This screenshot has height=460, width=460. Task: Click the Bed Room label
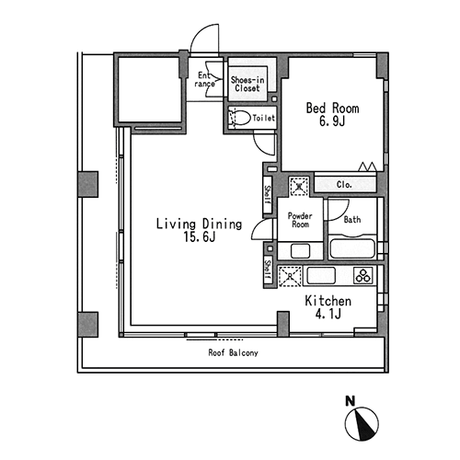click(x=332, y=109)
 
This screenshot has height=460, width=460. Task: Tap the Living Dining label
click(x=199, y=224)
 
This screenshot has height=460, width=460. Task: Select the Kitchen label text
click(x=328, y=301)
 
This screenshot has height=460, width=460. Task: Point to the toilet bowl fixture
click(x=239, y=118)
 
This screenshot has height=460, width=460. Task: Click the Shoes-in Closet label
click(x=247, y=84)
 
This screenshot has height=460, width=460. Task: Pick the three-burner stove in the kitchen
click(x=364, y=275)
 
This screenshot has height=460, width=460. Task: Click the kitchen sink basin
click(x=321, y=275)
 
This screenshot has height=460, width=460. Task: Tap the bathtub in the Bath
click(x=352, y=248)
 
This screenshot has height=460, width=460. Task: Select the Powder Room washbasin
click(x=300, y=251)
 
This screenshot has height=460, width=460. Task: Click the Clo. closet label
click(x=344, y=185)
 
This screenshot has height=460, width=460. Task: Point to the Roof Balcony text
click(x=233, y=352)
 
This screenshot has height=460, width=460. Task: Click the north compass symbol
click(x=362, y=424)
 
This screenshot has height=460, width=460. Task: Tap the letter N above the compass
click(x=351, y=401)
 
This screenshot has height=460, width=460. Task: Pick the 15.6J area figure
click(x=200, y=237)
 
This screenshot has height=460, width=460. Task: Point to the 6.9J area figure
click(x=332, y=121)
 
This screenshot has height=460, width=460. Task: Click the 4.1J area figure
click(x=328, y=314)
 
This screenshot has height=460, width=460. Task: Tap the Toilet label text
click(x=263, y=118)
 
